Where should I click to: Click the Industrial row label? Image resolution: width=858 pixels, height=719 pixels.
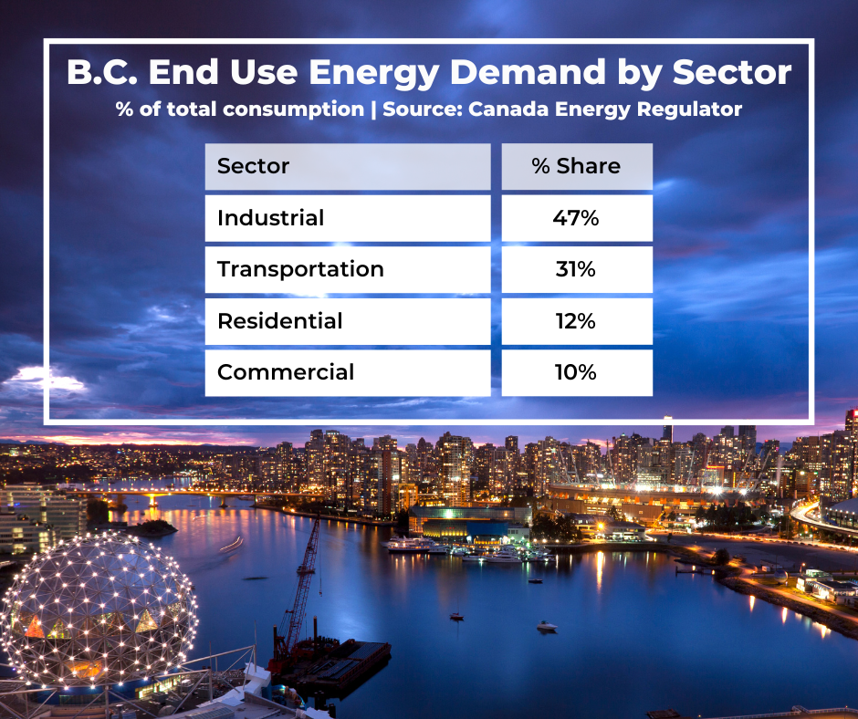270,218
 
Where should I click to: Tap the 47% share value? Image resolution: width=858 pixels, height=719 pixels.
576,218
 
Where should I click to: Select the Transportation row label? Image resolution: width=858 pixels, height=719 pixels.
300,269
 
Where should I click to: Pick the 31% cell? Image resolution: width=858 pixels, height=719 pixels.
576,269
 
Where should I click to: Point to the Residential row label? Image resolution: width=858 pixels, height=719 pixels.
279,320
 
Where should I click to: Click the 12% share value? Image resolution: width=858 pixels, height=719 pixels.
576,320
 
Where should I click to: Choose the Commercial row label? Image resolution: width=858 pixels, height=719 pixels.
286,372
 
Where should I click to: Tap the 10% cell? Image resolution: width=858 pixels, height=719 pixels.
576,372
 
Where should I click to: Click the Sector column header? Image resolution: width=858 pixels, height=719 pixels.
253,166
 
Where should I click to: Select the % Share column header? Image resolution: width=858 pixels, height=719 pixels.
576,166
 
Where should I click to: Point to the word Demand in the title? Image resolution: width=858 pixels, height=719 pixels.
528,72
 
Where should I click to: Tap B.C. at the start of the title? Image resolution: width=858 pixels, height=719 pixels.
102,72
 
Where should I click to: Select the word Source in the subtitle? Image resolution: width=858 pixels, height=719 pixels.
422,109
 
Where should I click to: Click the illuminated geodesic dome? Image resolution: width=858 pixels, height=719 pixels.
99,610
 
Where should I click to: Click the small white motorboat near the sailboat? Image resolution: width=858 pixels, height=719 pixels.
547,626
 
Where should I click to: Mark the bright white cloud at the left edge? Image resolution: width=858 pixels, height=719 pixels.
47,380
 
